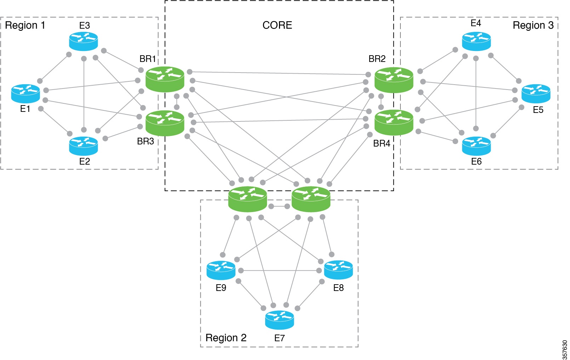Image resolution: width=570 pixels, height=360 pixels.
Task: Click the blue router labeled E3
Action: point(83,41)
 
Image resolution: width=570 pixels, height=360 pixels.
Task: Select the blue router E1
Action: point(25,93)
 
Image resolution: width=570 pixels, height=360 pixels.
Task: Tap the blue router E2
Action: point(83,146)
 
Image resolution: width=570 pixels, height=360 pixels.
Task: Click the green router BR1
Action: point(165,79)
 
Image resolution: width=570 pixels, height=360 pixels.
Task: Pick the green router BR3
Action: point(165,123)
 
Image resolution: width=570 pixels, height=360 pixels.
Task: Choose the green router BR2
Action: point(394,80)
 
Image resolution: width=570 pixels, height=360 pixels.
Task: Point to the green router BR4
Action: point(394,122)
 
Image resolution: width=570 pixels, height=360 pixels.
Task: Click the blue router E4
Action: point(476,41)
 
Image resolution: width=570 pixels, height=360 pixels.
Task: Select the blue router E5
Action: point(536,93)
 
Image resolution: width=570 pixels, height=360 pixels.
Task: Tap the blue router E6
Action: point(476,146)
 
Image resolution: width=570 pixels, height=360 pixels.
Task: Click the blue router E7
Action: point(279,320)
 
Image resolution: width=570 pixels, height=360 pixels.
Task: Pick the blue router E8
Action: point(338,270)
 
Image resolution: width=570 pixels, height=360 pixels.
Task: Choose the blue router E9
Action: point(221,270)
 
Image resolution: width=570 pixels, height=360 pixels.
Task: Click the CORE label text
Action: point(277,25)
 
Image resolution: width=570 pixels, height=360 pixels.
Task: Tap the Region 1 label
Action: point(25,25)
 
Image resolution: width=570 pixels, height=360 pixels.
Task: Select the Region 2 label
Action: point(226,337)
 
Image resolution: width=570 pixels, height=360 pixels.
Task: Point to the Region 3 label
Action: point(533,25)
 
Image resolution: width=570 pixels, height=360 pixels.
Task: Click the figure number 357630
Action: point(565,349)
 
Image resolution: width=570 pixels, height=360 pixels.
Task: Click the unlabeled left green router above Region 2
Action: point(247,199)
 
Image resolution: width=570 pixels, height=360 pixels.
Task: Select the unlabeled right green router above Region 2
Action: point(311,199)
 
